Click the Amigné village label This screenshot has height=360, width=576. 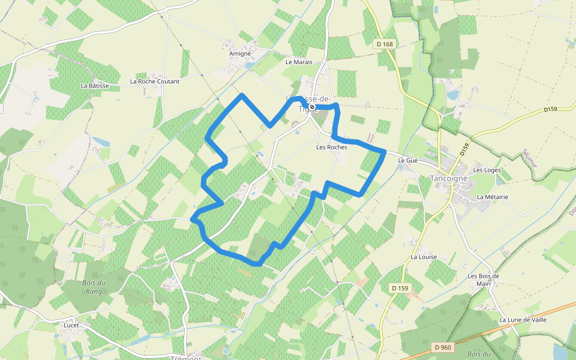coord(239,53)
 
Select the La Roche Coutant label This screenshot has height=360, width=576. coord(155,81)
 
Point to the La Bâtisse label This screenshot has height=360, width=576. coord(95,86)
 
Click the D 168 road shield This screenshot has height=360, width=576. coord(385,44)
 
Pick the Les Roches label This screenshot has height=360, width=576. coord(331,147)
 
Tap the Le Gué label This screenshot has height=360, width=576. coord(407,161)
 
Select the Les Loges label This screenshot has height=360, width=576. coord(487,170)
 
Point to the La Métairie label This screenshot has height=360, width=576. coord(493,197)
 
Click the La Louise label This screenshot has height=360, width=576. coord(424,257)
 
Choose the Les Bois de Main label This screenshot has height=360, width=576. coord(484,280)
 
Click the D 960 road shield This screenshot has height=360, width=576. coord(442,347)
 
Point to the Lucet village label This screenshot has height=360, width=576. coord(71,325)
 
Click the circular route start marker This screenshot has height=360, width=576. coord(312,107)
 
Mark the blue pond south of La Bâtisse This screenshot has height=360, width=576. coord(101,142)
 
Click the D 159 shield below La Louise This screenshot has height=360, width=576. coord(400,289)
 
